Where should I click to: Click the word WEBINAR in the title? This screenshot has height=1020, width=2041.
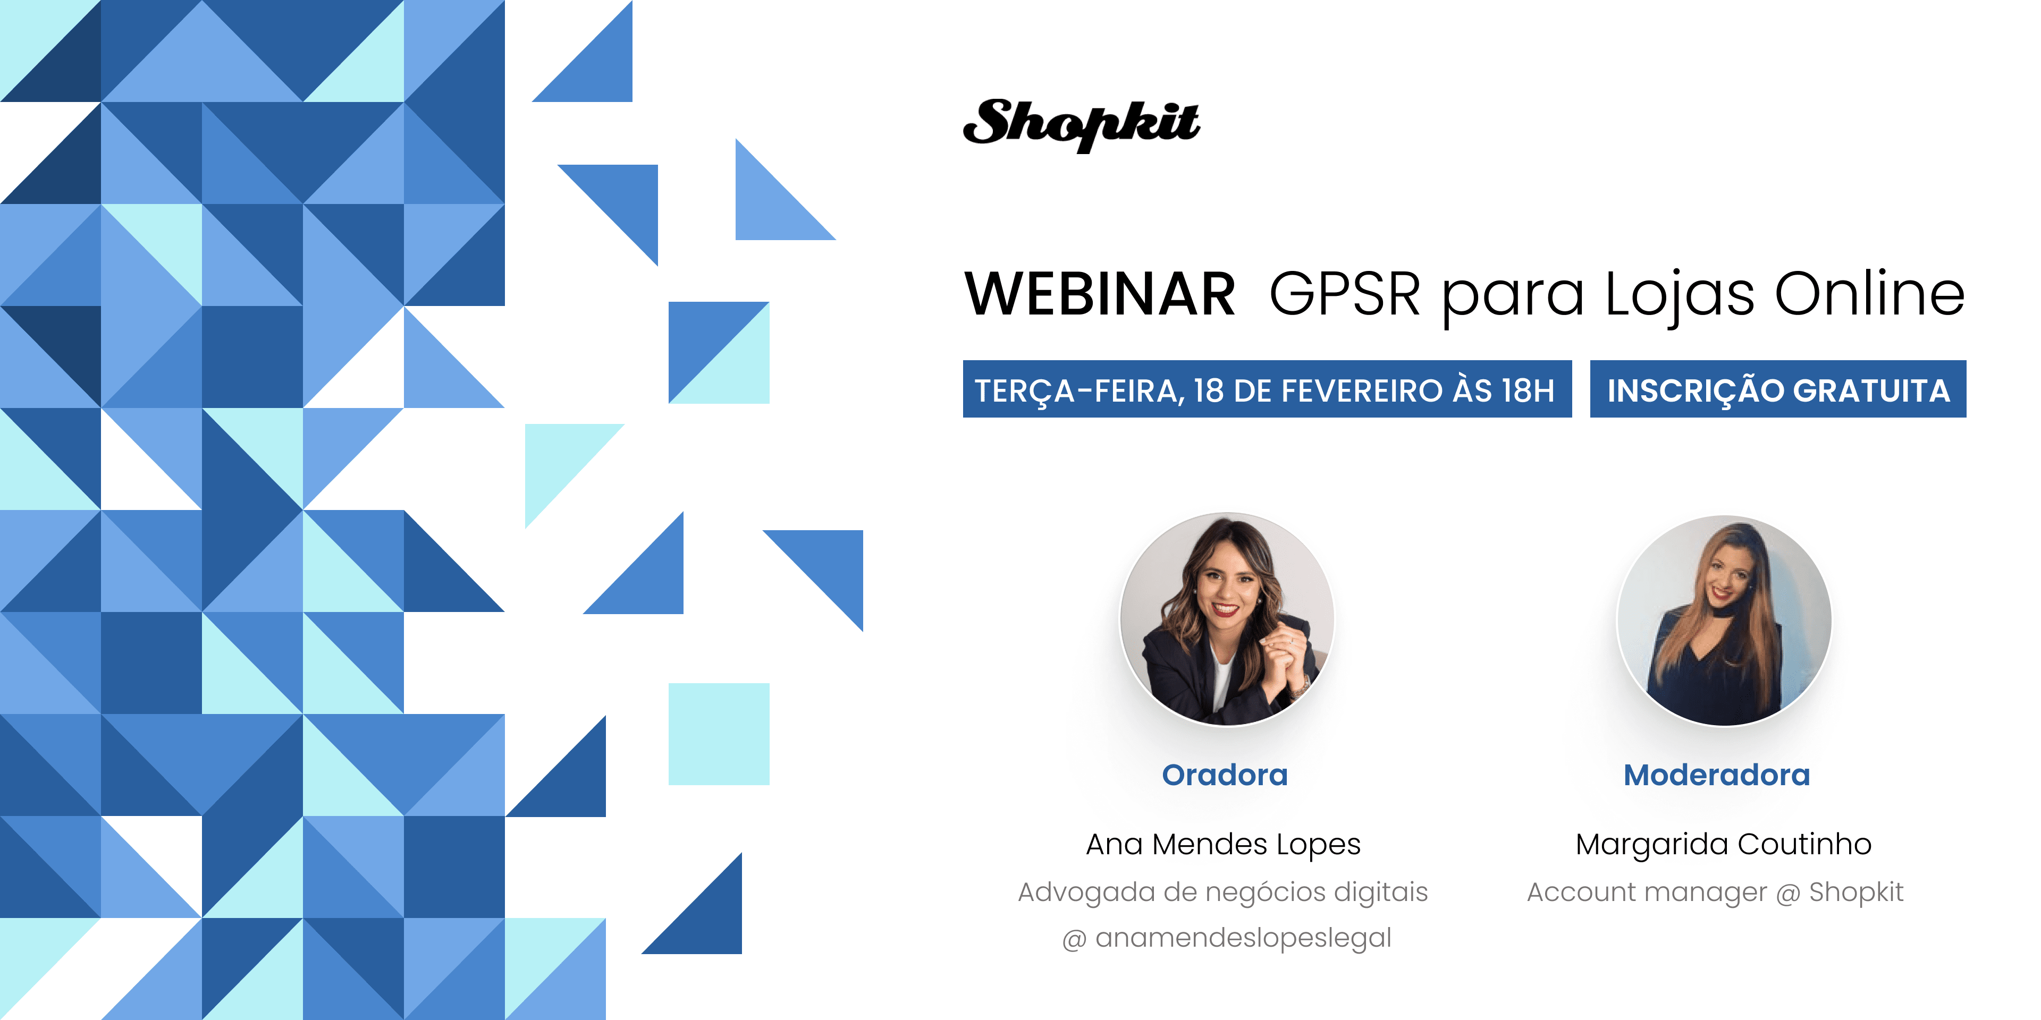click(1100, 294)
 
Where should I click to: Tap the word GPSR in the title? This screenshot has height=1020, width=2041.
click(1345, 294)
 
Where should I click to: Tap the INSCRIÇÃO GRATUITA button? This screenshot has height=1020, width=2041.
click(1778, 389)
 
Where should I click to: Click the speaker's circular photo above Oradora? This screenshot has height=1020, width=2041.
click(1227, 619)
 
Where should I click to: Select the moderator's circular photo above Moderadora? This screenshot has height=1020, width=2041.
click(1724, 620)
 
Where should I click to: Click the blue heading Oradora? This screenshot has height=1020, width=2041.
click(1225, 775)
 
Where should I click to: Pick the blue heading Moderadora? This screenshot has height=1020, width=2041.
click(1717, 775)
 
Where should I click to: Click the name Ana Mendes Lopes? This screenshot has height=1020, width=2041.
click(1224, 844)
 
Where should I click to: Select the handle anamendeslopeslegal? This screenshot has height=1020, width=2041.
click(1243, 938)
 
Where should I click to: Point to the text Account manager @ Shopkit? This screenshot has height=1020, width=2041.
click(1715, 892)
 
